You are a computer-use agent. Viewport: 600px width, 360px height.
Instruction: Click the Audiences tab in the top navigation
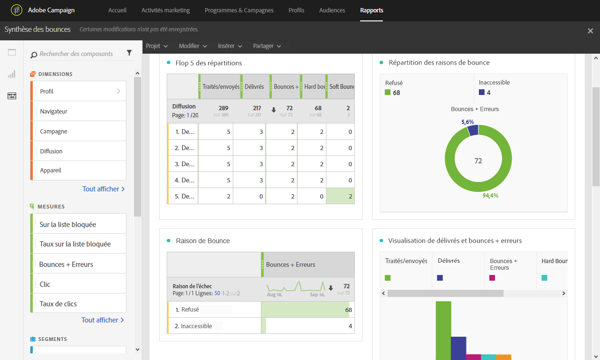332,10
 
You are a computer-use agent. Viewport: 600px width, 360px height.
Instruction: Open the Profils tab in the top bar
296,10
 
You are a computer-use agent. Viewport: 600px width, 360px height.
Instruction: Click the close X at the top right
590,31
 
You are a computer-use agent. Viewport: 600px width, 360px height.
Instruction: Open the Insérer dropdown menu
230,46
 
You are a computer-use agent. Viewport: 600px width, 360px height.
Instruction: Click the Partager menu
267,46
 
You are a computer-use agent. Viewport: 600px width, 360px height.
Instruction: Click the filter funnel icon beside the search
129,53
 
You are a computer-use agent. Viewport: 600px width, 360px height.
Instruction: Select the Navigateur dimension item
54,112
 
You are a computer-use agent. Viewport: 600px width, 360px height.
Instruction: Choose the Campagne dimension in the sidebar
54,132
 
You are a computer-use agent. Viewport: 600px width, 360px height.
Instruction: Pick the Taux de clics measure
58,304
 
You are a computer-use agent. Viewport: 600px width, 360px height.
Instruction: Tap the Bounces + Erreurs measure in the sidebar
66,265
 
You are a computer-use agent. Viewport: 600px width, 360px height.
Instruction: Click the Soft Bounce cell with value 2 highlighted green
341,196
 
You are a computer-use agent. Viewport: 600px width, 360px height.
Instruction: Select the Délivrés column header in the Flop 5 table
255,87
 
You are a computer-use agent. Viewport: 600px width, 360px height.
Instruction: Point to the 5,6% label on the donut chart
467,122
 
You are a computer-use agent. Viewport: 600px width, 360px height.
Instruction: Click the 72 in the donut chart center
478,161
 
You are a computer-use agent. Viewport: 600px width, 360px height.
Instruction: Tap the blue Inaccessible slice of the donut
473,130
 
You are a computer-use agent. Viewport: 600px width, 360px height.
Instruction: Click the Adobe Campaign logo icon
17,10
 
